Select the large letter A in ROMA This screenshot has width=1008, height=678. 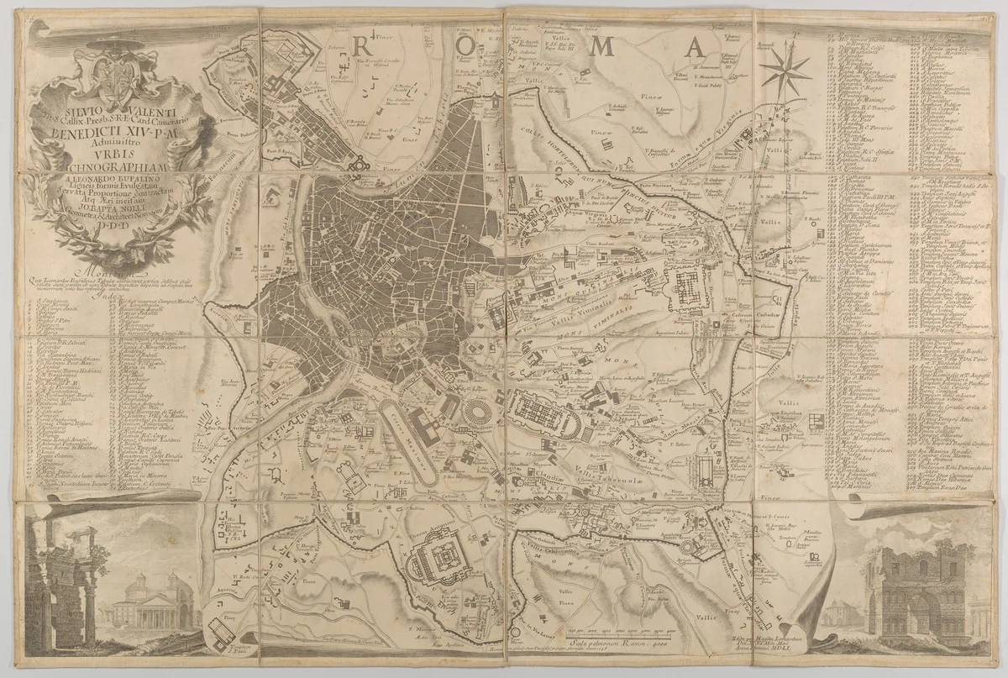point(694,48)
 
